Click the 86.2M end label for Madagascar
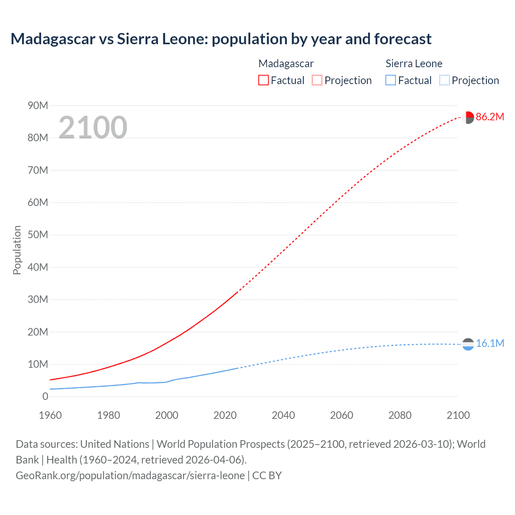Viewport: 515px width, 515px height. coord(490,117)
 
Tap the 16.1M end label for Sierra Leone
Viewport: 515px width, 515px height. coord(490,344)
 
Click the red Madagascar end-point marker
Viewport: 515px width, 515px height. coord(468,117)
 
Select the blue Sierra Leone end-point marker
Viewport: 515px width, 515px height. coord(468,344)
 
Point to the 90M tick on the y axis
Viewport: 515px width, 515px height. coord(38,106)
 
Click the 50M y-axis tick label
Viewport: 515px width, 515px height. coord(38,235)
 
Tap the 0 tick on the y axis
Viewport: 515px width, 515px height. coord(45,397)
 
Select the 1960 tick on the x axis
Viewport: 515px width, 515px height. coord(50,415)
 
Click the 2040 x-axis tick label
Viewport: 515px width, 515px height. coord(283,415)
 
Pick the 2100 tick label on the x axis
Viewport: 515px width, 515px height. coord(458,415)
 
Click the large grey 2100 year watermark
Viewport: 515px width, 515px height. coord(93,128)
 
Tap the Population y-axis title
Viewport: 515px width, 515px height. coord(17,250)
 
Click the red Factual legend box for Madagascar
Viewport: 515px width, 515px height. coord(263,80)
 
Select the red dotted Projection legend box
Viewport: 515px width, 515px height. coord(317,80)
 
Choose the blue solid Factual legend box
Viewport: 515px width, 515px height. coord(390,80)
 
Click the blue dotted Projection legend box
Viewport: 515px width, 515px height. coord(445,80)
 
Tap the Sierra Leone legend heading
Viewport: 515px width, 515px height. coord(414,64)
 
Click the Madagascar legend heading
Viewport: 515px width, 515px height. coord(286,64)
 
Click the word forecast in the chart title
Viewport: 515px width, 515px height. coord(403,39)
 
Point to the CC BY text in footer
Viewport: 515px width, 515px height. coord(267,476)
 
